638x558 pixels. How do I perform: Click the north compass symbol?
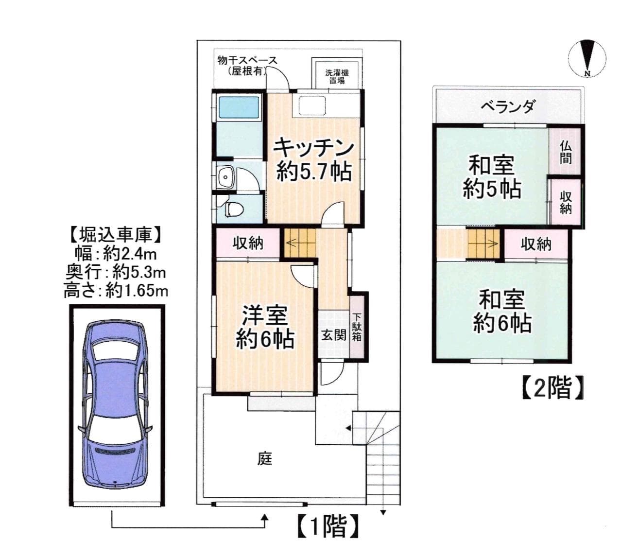tap(587, 57)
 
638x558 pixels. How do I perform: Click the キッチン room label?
tap(313, 147)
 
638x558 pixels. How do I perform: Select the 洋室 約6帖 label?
tap(265, 327)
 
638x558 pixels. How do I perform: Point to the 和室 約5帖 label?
tap(491, 176)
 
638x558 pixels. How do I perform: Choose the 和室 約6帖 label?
tap(501, 311)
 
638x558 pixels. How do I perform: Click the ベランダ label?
tap(508, 106)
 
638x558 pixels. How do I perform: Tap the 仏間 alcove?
tap(565, 151)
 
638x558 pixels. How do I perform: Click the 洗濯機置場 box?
tap(337, 76)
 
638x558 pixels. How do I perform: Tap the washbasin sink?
tap(225, 178)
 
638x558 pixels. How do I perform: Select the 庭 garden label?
tap(265, 458)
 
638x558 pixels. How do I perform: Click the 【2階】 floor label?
tap(552, 388)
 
